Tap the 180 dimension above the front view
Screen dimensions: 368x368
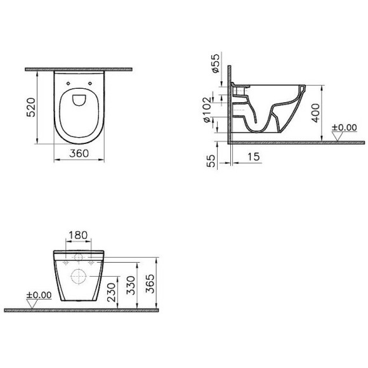coord(77,235)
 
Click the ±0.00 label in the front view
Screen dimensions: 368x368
coord(37,295)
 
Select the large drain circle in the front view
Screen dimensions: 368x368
coord(78,276)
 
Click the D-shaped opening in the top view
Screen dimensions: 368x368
coord(79,98)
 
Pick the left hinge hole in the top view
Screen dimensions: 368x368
coord(67,82)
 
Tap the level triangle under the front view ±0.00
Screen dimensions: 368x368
coord(36,303)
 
